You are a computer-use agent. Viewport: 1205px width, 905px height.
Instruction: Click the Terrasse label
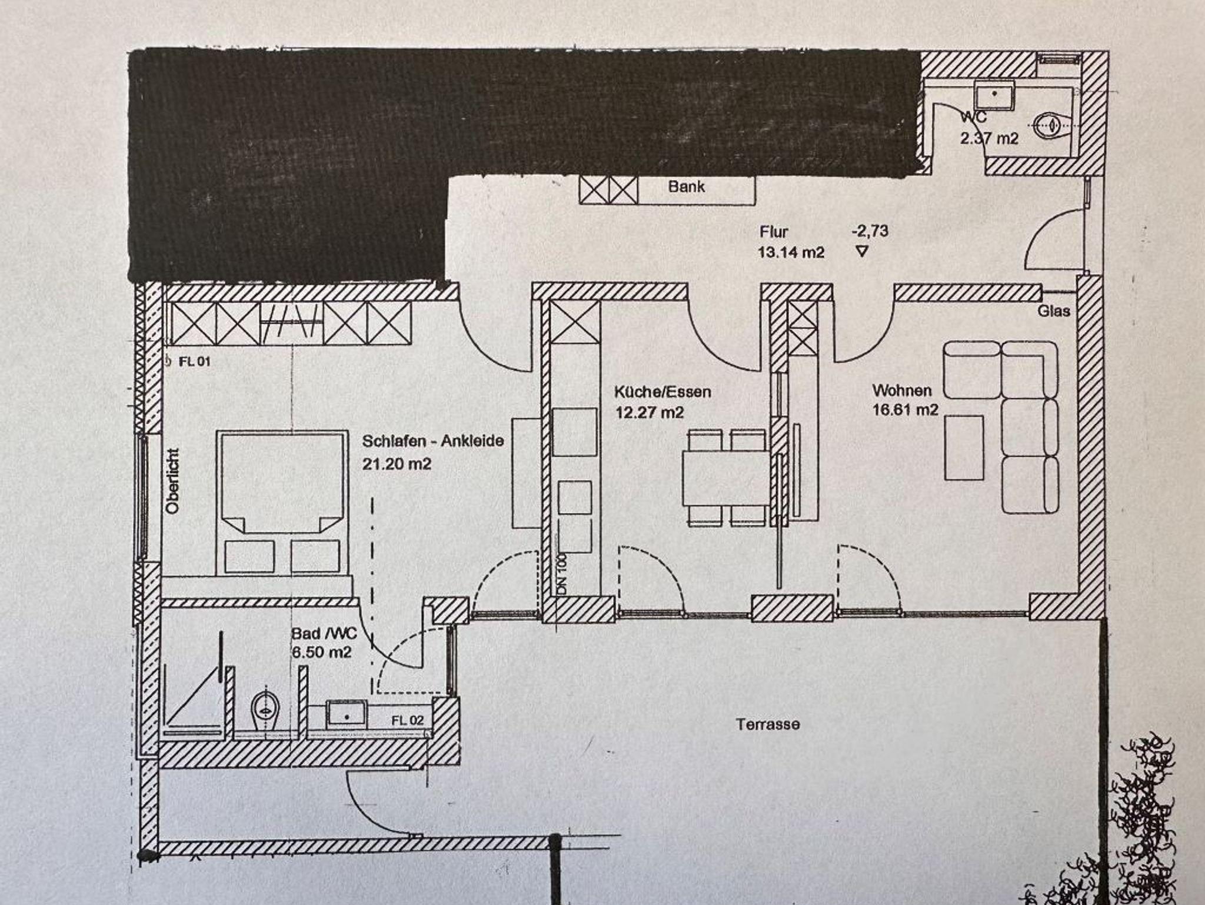pyautogui.click(x=768, y=724)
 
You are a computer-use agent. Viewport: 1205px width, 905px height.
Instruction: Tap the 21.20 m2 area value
pyautogui.click(x=397, y=464)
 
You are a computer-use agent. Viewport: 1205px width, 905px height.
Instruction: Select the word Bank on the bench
pyautogui.click(x=686, y=187)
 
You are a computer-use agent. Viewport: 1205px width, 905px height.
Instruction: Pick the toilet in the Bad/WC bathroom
pyautogui.click(x=266, y=707)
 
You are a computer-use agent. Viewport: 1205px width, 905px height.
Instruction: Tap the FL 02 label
pyautogui.click(x=407, y=721)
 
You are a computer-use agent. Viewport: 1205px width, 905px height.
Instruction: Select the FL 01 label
pyautogui.click(x=194, y=361)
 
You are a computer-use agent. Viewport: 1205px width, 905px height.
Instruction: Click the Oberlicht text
pyautogui.click(x=172, y=481)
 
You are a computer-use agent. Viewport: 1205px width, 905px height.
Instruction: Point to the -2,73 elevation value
pyautogui.click(x=870, y=231)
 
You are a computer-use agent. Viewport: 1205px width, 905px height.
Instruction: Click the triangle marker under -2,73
pyautogui.click(x=862, y=252)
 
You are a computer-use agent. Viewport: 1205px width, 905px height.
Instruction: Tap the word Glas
pyautogui.click(x=1054, y=311)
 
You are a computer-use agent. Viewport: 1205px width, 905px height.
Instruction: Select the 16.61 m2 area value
pyautogui.click(x=905, y=410)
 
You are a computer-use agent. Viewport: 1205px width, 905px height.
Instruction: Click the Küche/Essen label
pyautogui.click(x=663, y=392)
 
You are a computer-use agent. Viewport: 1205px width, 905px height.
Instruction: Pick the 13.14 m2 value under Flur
pyautogui.click(x=791, y=252)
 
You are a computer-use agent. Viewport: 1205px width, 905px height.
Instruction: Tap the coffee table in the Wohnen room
pyautogui.click(x=964, y=447)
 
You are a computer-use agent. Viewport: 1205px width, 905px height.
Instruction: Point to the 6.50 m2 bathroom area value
pyautogui.click(x=322, y=653)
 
